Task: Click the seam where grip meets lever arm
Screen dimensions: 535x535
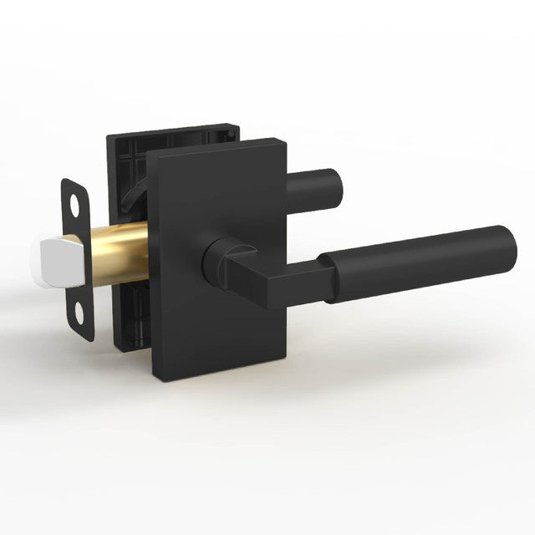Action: tap(328, 273)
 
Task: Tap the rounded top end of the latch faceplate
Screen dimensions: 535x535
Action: tap(74, 181)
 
